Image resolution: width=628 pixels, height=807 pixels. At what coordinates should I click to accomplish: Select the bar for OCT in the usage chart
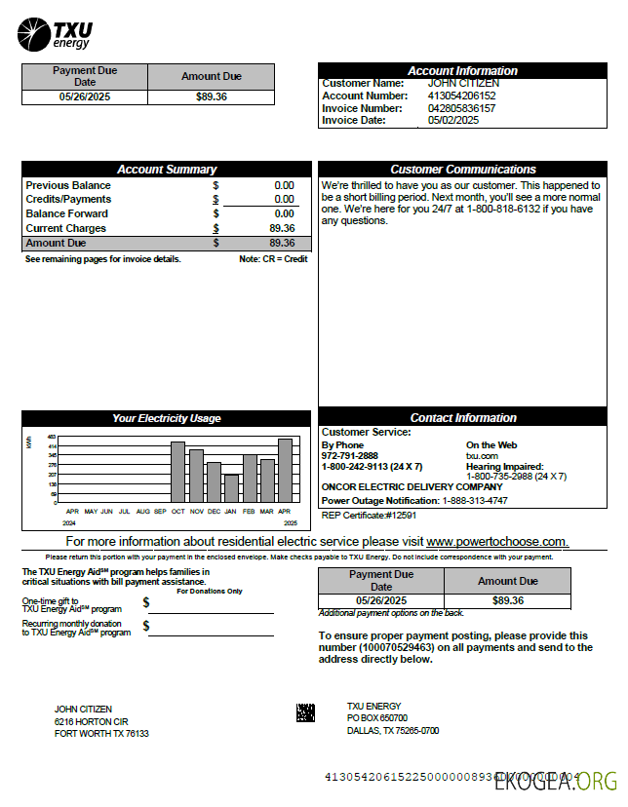[x=177, y=472]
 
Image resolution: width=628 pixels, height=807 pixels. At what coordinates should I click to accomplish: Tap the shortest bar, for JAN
[x=231, y=487]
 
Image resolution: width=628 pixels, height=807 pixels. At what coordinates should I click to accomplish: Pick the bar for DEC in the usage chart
[x=214, y=481]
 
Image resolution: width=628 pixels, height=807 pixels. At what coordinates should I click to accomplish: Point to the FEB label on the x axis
[x=249, y=511]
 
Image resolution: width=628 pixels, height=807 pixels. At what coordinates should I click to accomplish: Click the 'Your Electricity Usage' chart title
[x=167, y=418]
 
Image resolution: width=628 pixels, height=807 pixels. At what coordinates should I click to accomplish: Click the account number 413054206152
[x=461, y=96]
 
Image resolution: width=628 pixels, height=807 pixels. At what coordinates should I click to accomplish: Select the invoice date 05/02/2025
[x=453, y=121]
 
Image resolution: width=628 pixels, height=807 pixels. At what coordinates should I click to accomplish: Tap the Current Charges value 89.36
[x=282, y=228]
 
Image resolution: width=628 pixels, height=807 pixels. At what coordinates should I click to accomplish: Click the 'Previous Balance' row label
[x=68, y=185]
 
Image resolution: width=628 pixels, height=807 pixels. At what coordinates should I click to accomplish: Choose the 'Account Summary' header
[x=167, y=170]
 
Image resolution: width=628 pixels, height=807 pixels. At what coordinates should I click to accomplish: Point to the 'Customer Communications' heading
[x=463, y=170]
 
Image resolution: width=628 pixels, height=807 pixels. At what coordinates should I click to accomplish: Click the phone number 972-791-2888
[x=350, y=456]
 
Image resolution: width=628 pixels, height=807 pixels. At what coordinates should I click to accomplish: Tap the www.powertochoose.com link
[x=496, y=541]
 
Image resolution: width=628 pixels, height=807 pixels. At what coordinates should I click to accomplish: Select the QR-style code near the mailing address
[x=305, y=712]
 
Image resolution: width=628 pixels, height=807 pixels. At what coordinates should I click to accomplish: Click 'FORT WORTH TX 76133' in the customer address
[x=101, y=734]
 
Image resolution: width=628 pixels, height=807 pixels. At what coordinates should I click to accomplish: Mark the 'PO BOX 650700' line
[x=377, y=718]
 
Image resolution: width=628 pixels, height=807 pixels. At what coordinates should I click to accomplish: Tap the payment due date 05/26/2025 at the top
[x=85, y=97]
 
